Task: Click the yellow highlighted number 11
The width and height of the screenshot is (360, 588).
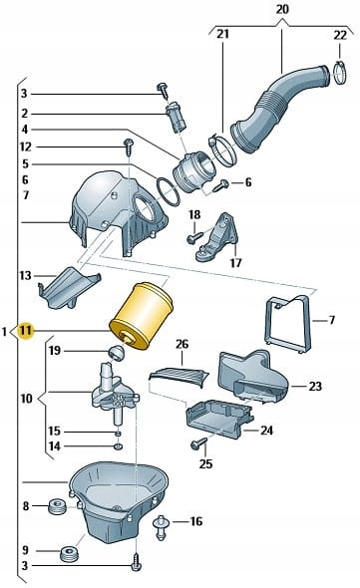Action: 26,331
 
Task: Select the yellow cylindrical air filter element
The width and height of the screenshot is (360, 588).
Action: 141,317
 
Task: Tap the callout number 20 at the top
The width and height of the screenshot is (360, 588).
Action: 282,9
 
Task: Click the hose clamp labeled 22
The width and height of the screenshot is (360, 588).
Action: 340,73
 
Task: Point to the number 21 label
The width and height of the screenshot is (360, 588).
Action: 222,34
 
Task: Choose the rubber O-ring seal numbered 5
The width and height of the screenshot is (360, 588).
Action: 168,191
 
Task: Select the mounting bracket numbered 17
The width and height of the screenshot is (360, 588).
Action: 217,237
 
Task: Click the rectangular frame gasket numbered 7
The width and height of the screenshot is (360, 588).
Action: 288,323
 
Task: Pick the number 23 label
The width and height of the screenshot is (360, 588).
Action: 315,386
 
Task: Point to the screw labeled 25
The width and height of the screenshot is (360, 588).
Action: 199,443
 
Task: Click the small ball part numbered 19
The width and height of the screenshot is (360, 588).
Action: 116,353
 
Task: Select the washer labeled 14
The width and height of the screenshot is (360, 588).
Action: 119,446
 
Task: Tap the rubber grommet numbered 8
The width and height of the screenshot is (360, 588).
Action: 58,506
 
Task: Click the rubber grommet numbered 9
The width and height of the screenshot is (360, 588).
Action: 69,554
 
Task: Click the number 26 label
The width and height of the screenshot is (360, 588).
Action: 181,344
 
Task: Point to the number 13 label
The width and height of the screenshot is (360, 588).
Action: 25,276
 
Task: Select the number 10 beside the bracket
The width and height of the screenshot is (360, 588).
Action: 27,399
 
